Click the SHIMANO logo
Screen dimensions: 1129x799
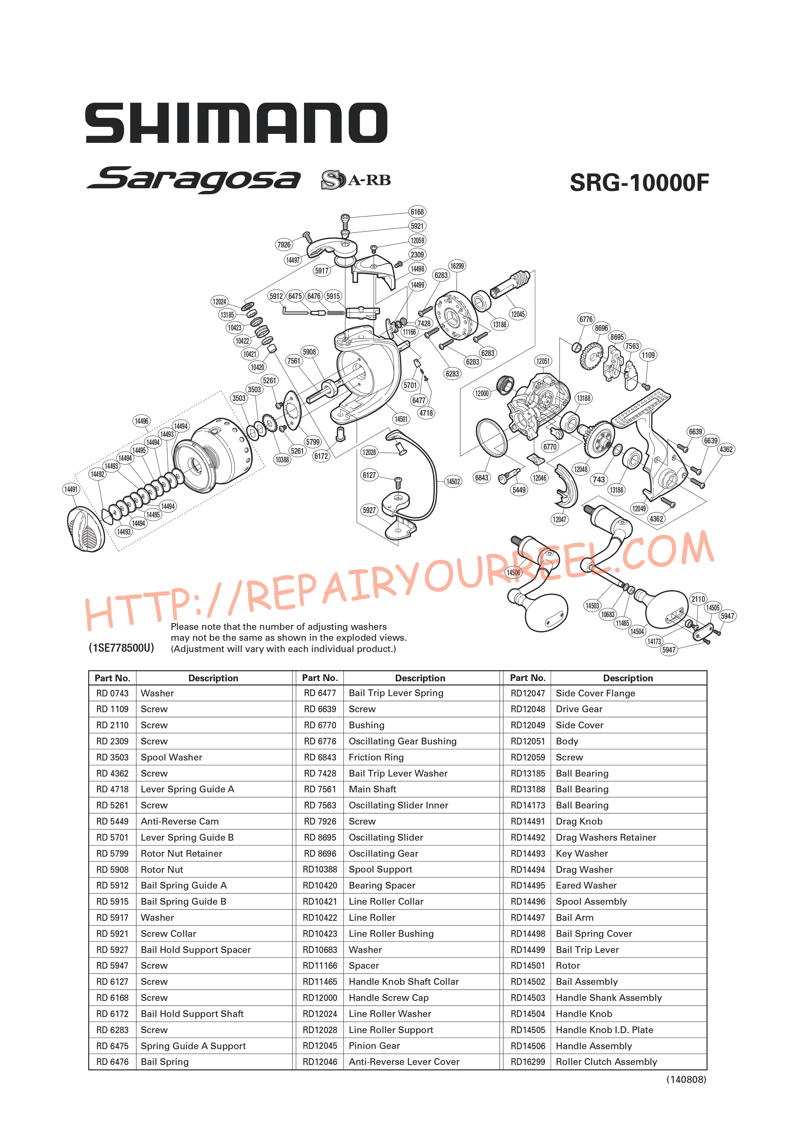click(236, 123)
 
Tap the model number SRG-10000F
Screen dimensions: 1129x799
click(639, 183)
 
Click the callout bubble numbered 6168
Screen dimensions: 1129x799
click(417, 212)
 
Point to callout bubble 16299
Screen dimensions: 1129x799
click(457, 266)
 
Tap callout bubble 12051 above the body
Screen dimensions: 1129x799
click(543, 361)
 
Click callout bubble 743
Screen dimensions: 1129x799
click(599, 480)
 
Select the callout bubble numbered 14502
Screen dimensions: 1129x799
click(453, 481)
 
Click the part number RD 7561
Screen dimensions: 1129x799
click(320, 789)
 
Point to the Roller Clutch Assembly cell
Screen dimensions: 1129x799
click(606, 1062)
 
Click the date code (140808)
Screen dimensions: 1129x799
click(686, 1079)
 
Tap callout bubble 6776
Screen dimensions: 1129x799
click(586, 319)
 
